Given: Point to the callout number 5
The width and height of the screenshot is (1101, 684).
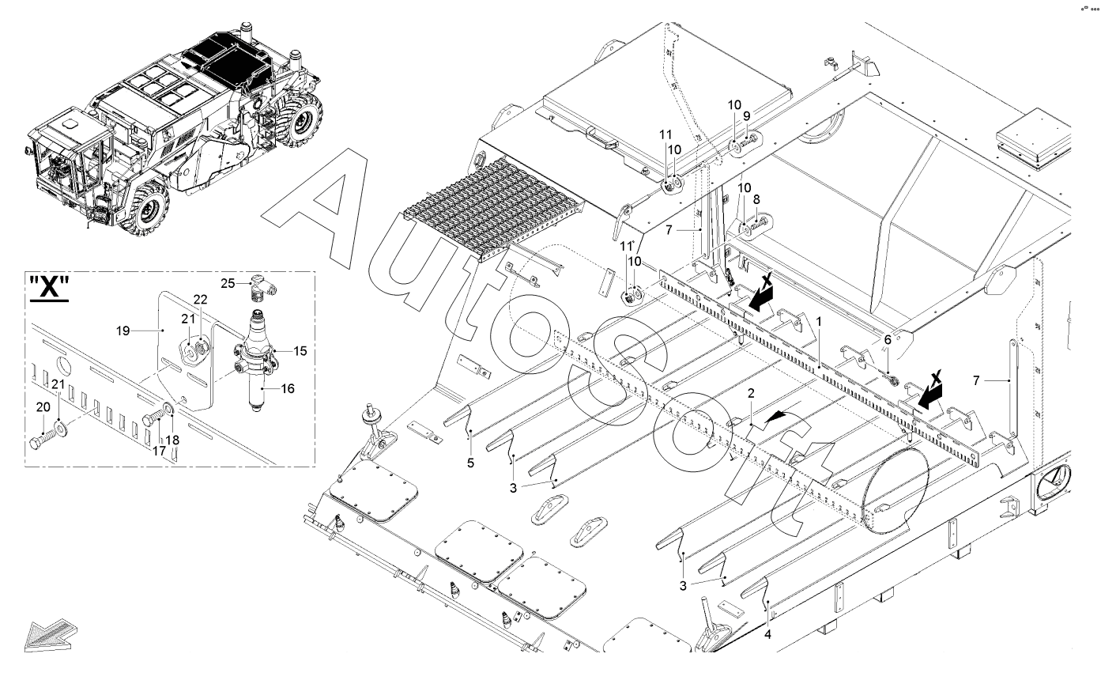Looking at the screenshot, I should pyautogui.click(x=470, y=463).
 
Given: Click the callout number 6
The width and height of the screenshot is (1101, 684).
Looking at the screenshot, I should pyautogui.click(x=888, y=338).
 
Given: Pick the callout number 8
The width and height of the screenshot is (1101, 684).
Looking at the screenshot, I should pyautogui.click(x=756, y=201).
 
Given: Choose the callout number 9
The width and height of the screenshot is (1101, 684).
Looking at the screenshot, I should pyautogui.click(x=746, y=115).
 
